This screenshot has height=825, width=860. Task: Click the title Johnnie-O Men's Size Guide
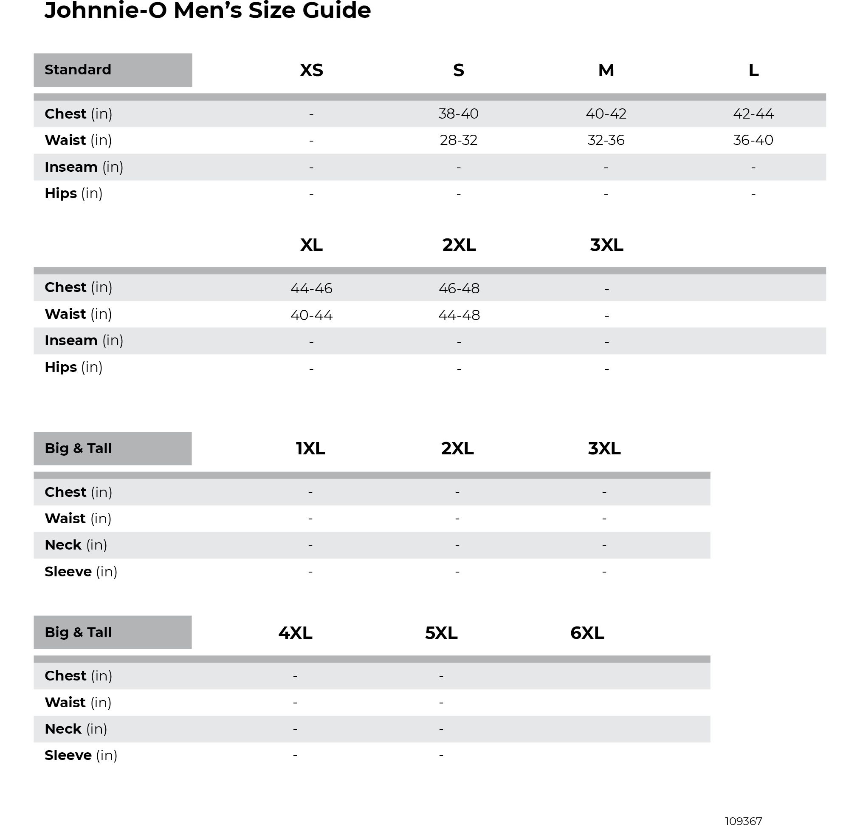click(208, 11)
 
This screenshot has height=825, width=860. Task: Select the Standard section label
click(78, 70)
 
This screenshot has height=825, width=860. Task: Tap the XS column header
click(312, 70)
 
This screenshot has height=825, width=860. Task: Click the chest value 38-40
click(459, 114)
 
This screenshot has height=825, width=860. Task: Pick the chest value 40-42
click(606, 114)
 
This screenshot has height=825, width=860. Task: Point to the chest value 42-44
click(753, 114)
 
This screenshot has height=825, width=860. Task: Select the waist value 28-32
click(459, 140)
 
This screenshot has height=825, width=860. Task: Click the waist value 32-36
click(606, 140)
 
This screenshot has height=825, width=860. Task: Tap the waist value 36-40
click(753, 140)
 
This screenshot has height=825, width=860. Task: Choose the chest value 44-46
click(312, 289)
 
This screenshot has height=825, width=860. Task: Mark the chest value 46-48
click(459, 289)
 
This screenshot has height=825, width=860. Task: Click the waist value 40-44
click(312, 315)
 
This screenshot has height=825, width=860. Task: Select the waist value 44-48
click(459, 315)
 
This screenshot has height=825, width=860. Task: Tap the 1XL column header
click(310, 448)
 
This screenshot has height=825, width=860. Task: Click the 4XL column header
click(295, 633)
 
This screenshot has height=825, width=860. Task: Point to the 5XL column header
click(441, 633)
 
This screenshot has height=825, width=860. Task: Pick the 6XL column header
click(587, 633)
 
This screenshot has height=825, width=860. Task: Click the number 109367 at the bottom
click(743, 821)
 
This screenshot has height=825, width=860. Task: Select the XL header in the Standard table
click(312, 244)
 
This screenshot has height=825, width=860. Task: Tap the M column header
click(606, 70)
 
